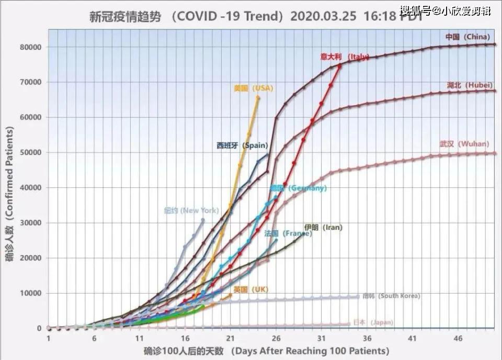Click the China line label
(x=467, y=37)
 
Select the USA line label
(x=253, y=88)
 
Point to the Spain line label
(x=242, y=146)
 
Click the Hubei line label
(x=470, y=85)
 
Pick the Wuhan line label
(x=464, y=143)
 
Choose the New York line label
(x=191, y=210)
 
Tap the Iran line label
(x=323, y=227)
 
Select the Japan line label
(x=373, y=322)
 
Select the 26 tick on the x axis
(x=276, y=338)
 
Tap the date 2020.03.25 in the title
(x=323, y=16)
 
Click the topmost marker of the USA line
(x=258, y=97)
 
